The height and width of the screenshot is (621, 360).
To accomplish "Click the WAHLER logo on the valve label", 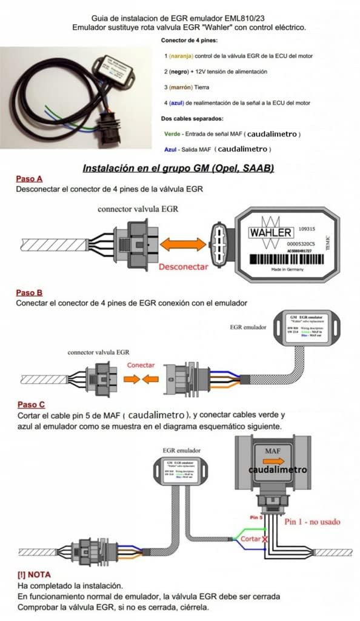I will (270, 232).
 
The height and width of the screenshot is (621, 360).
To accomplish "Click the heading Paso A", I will (29, 179).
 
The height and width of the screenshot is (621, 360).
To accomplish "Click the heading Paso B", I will (29, 292).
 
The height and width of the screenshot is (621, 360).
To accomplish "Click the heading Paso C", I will (30, 404).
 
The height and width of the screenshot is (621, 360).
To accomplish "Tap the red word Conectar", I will (141, 365).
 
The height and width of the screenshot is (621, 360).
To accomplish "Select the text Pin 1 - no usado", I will (312, 521).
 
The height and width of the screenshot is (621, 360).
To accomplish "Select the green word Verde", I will (172, 133).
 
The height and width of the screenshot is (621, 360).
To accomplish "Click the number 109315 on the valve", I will (307, 230).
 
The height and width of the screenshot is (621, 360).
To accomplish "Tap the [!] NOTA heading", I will (35, 574).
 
